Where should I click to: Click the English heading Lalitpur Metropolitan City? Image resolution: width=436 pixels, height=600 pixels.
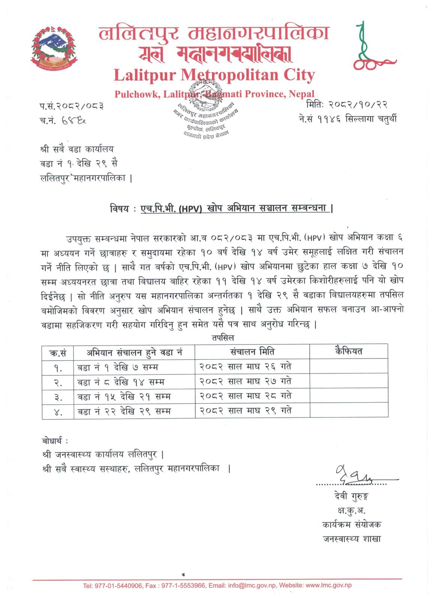[x=214, y=75]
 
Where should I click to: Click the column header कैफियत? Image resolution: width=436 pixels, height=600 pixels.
[x=348, y=351]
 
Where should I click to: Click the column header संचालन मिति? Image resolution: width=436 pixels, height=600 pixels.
[x=252, y=352]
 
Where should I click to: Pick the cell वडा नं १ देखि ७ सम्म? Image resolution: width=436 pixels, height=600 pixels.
[x=118, y=367]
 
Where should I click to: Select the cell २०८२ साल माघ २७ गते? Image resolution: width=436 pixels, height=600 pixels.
[x=245, y=381]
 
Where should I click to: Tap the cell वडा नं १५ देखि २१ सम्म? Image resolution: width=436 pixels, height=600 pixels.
[x=124, y=396]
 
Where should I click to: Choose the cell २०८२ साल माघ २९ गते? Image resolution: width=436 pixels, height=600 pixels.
[x=245, y=411]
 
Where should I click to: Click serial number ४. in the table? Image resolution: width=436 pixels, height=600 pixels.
[x=58, y=412]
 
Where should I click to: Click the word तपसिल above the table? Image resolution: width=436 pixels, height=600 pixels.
[x=223, y=338]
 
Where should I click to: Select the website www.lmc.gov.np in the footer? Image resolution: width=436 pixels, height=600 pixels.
[x=328, y=585]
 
